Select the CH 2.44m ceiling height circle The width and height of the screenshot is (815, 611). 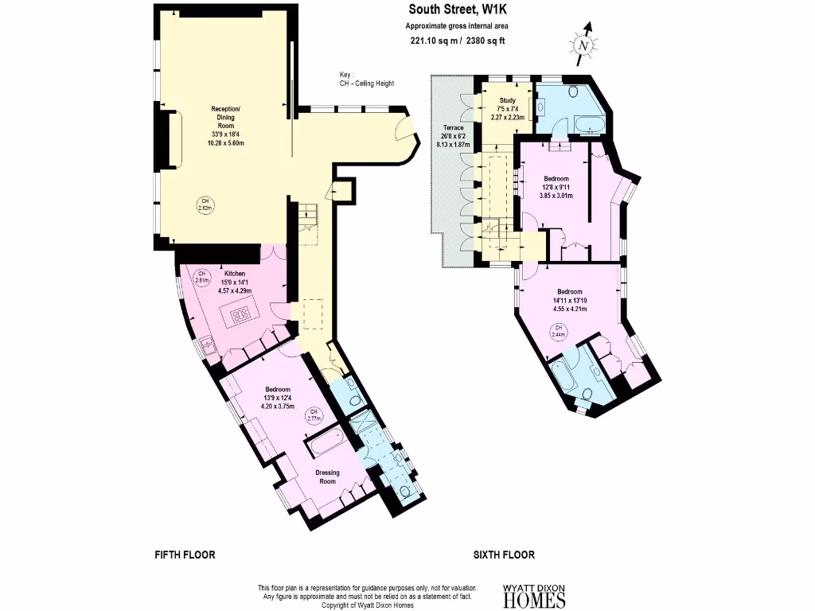click(x=559, y=332)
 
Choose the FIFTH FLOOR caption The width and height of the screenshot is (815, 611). click(x=185, y=555)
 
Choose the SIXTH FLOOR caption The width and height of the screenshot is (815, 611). click(x=503, y=555)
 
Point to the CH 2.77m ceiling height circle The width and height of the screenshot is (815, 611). click(x=313, y=414)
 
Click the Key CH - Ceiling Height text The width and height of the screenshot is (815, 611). click(x=366, y=80)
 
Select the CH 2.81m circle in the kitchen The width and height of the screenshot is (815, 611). click(x=202, y=278)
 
